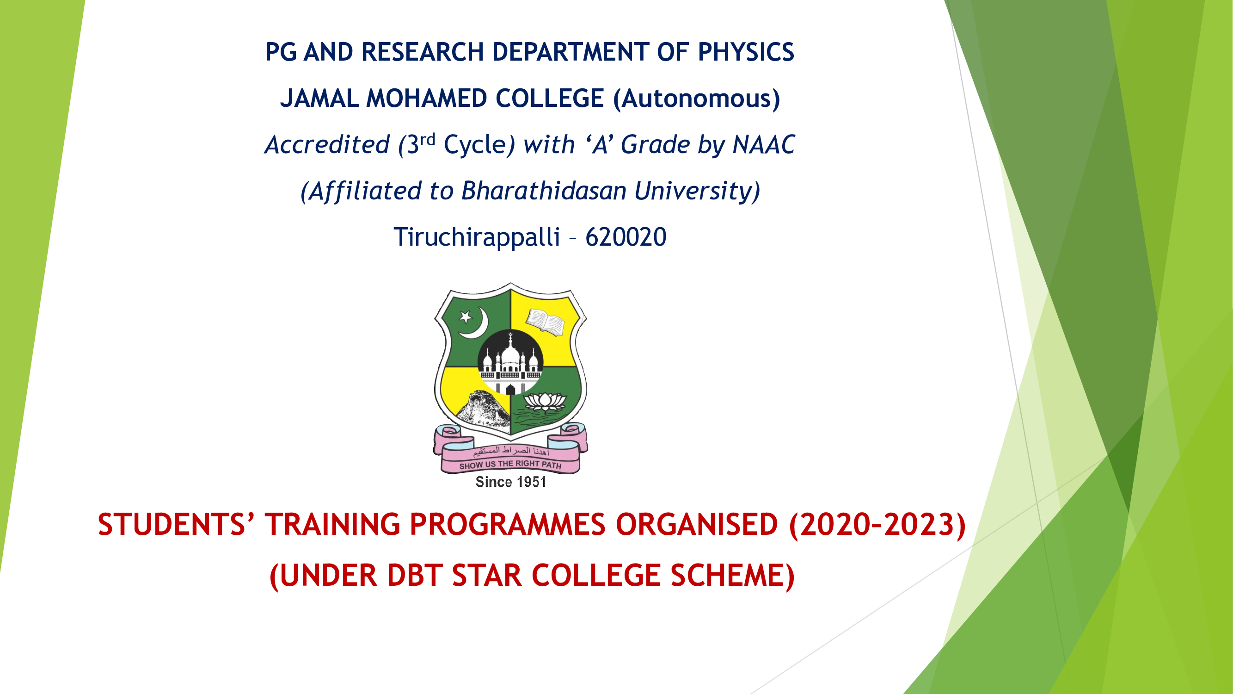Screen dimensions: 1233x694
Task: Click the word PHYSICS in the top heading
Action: tap(746, 52)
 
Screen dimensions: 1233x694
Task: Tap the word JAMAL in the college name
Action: tap(319, 98)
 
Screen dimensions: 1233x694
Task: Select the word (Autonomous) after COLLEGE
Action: tap(697, 99)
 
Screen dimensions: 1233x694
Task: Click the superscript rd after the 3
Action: tap(428, 139)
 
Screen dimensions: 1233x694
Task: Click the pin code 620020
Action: tap(626, 237)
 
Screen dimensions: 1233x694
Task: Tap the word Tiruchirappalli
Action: tap(477, 237)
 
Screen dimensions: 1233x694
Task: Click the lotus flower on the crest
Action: tap(545, 401)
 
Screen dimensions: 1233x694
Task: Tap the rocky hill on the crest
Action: tap(482, 408)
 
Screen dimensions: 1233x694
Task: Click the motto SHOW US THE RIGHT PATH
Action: tap(510, 465)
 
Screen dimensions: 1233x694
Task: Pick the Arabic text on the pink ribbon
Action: tap(511, 451)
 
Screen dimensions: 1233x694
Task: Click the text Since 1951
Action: tap(511, 482)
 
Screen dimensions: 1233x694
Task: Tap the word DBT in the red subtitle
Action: tap(415, 575)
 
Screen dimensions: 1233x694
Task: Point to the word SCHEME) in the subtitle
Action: tap(733, 576)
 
